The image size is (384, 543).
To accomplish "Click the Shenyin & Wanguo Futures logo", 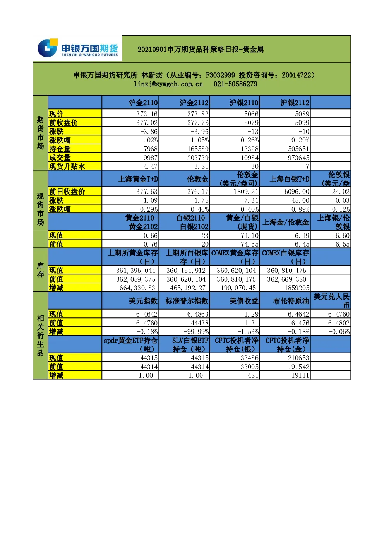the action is pos(77,48).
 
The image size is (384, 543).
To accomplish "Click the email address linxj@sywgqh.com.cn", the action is pos(168,84).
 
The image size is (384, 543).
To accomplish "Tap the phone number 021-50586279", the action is pos(235,84).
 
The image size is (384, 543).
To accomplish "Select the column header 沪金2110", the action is pos(143,103).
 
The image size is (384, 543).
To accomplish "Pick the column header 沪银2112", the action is pos(295,103).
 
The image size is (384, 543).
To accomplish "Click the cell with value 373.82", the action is pos(198,114).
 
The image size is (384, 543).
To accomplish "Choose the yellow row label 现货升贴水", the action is pos(67,166).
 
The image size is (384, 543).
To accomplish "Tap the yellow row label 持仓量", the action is pos(60,149).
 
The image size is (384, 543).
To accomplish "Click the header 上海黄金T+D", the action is pos(138,179).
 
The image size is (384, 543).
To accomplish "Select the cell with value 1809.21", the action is pos(246,192).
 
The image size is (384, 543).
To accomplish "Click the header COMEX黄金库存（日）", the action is pos(235,257).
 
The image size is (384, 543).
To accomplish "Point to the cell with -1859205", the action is pos(295,288).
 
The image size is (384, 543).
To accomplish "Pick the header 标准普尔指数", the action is pos(187,301).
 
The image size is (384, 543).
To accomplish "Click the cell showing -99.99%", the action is pos(196,331).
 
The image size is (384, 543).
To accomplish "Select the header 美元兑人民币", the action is pos(331,301).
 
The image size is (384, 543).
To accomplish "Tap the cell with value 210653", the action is pos(299,358).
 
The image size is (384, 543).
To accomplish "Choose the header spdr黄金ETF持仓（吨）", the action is pos(130,345).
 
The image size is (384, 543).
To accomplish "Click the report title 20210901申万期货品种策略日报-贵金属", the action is pos(201,50).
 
